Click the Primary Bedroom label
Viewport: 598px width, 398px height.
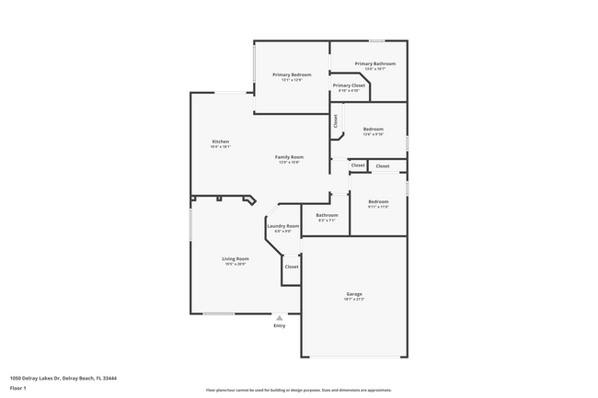pyautogui.click(x=291, y=74)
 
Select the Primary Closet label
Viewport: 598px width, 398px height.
pyautogui.click(x=349, y=85)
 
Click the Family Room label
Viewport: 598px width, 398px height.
pyautogui.click(x=290, y=157)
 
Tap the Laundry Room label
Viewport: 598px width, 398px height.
pyautogui.click(x=282, y=226)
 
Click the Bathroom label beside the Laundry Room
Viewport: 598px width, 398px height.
pyautogui.click(x=328, y=215)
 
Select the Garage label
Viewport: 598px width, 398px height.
pyautogui.click(x=354, y=294)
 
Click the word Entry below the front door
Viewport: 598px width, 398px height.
pyautogui.click(x=280, y=325)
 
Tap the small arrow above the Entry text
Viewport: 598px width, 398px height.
pyautogui.click(x=280, y=317)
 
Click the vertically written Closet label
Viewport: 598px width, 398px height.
pyautogui.click(x=336, y=119)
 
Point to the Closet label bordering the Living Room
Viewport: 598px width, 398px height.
pyautogui.click(x=291, y=267)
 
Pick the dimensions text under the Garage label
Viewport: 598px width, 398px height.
pyautogui.click(x=354, y=300)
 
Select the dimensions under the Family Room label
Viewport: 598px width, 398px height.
pyautogui.click(x=290, y=163)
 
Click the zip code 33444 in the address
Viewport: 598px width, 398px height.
pyautogui.click(x=108, y=378)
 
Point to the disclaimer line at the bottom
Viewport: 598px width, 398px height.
pyautogui.click(x=298, y=390)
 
